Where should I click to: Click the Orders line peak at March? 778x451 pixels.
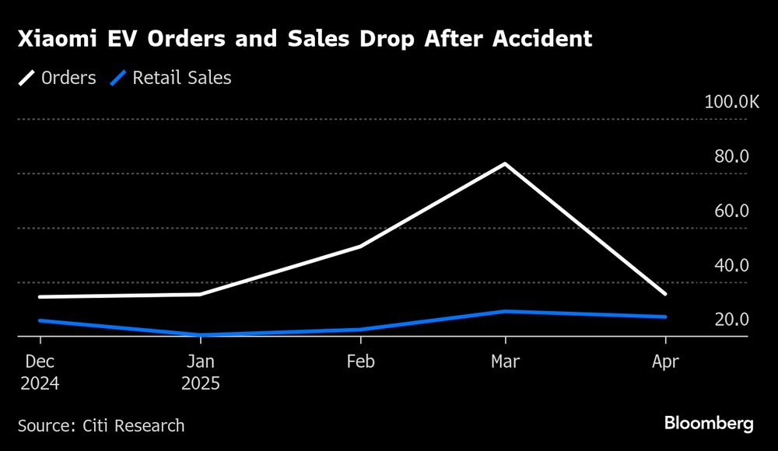click(505, 164)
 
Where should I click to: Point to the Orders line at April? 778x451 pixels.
click(665, 294)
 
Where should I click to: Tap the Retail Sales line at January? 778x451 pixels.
click(200, 334)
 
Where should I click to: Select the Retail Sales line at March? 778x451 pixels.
click(505, 311)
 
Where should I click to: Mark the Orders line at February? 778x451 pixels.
click(360, 246)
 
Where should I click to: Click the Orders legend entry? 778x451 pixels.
click(59, 78)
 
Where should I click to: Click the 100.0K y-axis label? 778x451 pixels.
click(731, 102)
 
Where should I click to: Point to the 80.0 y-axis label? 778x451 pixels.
click(731, 156)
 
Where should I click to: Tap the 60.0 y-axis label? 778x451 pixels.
click(731, 211)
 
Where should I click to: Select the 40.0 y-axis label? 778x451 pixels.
click(731, 265)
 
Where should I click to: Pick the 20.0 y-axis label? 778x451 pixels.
click(731, 320)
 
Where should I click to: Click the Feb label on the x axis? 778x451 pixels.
click(360, 362)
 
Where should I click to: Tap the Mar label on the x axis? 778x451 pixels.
click(505, 362)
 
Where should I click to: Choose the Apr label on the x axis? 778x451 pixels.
click(665, 362)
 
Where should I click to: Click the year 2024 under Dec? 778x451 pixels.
click(40, 383)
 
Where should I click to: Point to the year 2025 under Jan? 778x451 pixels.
click(200, 383)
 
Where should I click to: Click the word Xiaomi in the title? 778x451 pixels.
click(54, 40)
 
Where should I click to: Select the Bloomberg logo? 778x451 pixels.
click(709, 424)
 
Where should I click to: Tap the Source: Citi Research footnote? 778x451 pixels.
click(101, 425)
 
